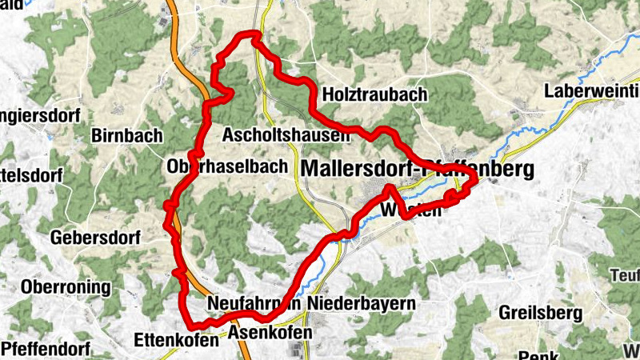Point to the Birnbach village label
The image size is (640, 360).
point(127,134)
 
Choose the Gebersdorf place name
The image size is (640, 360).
point(95,238)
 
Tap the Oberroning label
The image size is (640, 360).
point(62,286)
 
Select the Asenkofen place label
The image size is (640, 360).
point(266,331)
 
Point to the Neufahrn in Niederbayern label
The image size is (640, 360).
point(311,304)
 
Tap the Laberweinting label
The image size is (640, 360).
point(592,91)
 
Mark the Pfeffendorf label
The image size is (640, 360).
point(44,349)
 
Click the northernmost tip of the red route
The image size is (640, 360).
point(254,34)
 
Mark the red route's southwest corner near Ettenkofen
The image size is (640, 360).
point(191,324)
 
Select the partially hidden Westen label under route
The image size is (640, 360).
point(412,211)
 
